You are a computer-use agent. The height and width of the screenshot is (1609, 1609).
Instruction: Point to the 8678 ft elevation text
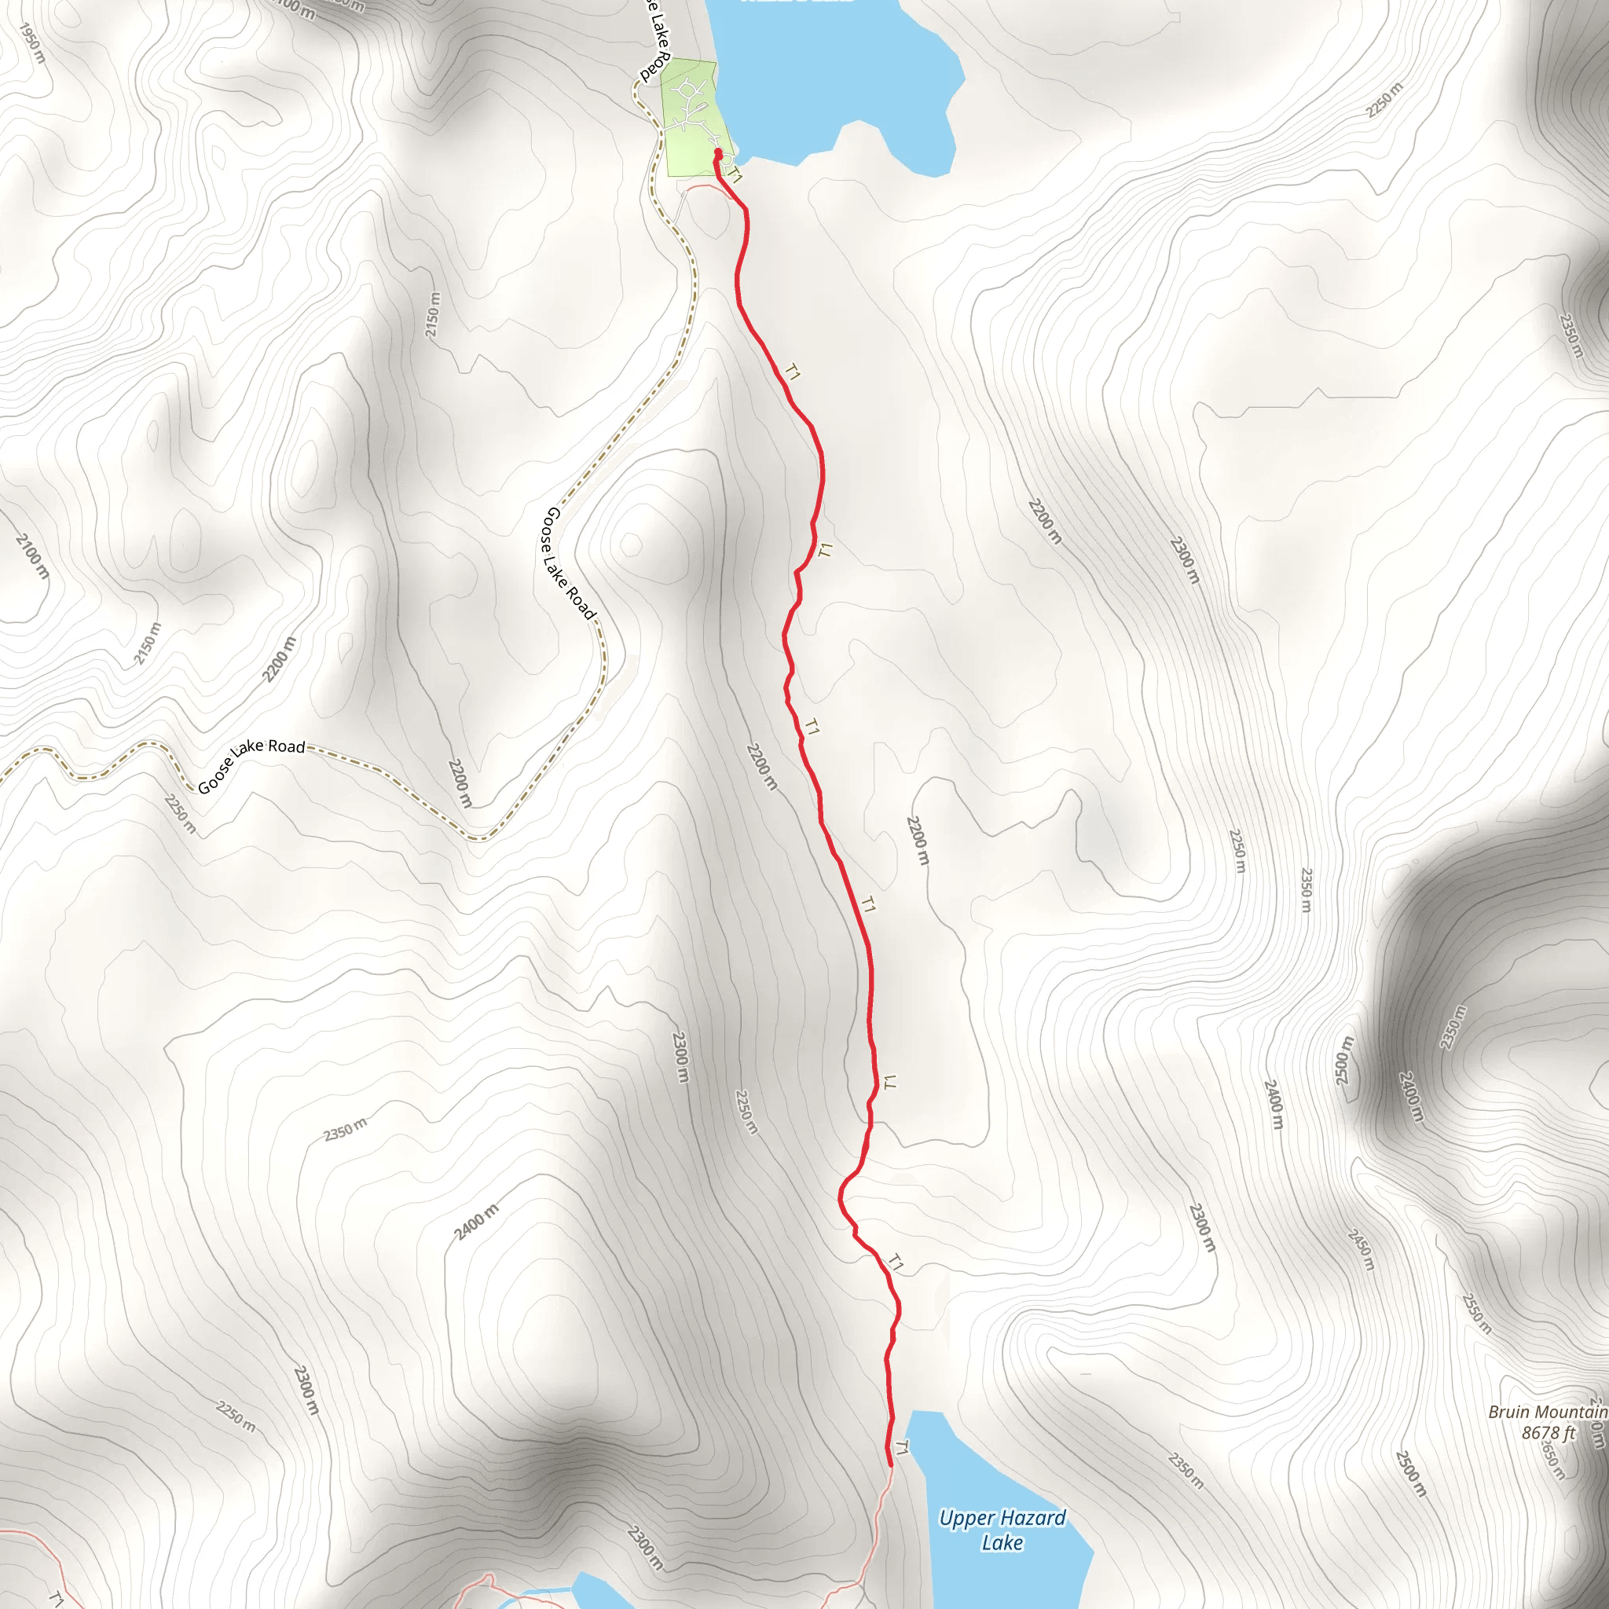tap(1549, 1432)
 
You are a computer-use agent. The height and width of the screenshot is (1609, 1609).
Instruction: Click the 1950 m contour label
tap(31, 42)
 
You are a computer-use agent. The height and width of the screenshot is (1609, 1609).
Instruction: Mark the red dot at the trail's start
tap(718, 153)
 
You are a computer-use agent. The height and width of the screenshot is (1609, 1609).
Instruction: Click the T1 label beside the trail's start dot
tap(735, 175)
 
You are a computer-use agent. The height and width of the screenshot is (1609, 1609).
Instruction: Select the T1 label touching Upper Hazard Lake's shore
tap(901, 1447)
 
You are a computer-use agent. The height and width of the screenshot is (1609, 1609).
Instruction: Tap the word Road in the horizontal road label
tap(287, 747)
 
